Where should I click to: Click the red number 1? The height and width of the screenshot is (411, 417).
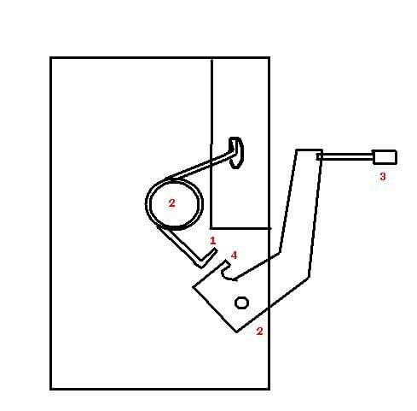click(x=212, y=241)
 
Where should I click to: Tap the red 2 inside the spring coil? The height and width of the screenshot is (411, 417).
click(x=171, y=203)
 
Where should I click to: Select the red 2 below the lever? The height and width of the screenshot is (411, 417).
click(x=259, y=331)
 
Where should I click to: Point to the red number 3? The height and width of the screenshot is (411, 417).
click(x=383, y=177)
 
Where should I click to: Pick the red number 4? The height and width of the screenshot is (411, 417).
click(x=234, y=255)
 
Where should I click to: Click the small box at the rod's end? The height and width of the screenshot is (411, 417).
click(x=385, y=157)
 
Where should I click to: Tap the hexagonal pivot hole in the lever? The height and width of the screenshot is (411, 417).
click(x=241, y=302)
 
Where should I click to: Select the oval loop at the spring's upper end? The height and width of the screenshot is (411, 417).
click(x=236, y=153)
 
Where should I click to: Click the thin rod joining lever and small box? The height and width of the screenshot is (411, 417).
click(x=345, y=156)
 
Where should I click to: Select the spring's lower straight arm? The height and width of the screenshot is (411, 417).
click(x=180, y=245)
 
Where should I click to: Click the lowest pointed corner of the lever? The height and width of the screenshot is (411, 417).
click(x=236, y=332)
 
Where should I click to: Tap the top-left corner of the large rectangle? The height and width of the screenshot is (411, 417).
click(x=50, y=58)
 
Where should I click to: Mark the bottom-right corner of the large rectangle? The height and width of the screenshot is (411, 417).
click(x=269, y=389)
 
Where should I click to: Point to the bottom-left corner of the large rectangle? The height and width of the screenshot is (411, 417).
click(x=50, y=389)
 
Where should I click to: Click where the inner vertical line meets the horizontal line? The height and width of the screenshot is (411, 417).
click(x=211, y=228)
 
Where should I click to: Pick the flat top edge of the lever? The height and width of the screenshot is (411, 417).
click(x=310, y=150)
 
